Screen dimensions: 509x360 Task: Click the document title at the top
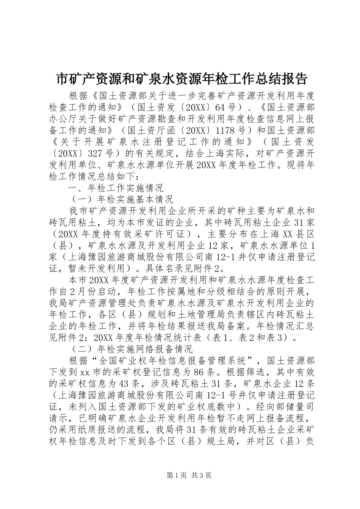180,79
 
